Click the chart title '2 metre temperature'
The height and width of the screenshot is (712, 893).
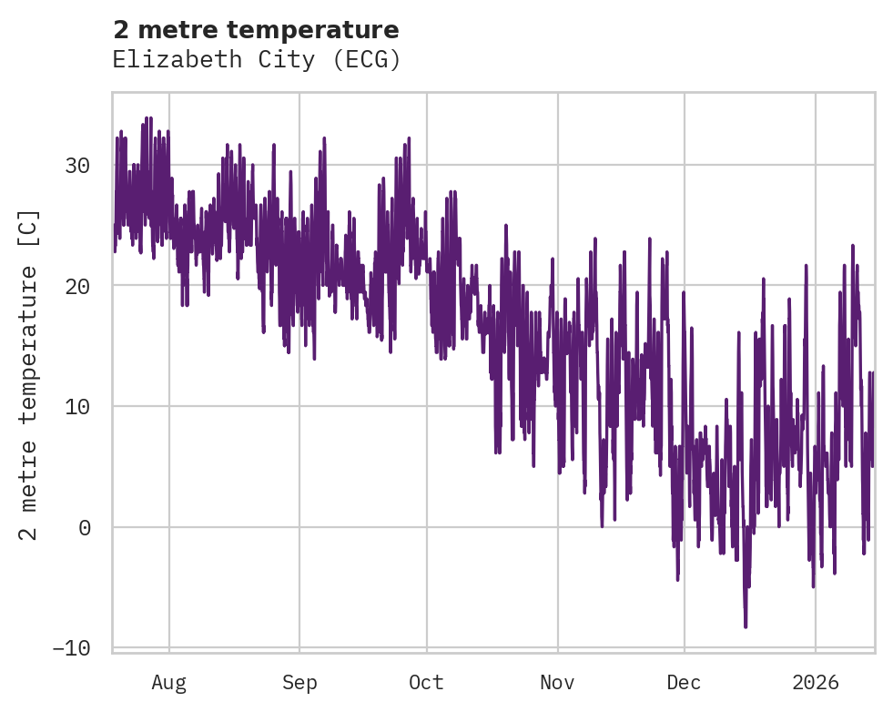click(256, 30)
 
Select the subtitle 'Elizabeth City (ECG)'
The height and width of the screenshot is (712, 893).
click(256, 60)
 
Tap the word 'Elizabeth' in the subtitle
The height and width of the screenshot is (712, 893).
click(169, 60)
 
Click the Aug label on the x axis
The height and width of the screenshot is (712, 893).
click(168, 683)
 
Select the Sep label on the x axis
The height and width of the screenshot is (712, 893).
click(299, 683)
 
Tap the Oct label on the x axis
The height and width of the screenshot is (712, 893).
click(426, 683)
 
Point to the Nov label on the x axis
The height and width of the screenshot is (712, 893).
click(557, 683)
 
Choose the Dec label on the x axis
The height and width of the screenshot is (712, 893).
click(684, 683)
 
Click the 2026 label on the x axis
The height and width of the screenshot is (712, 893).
click(815, 683)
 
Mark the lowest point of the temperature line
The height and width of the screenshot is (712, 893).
click(746, 626)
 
